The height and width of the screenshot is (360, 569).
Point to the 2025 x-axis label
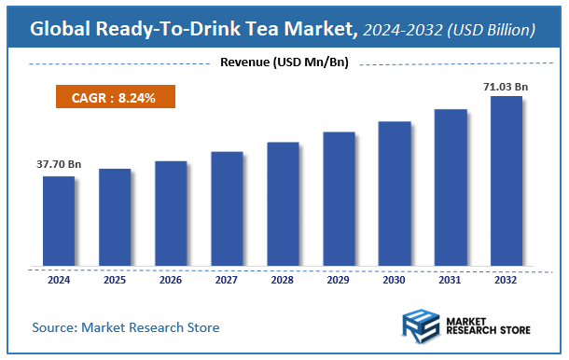[x=115, y=279]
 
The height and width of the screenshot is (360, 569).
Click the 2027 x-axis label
[x=227, y=279]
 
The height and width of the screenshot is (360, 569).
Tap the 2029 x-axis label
[x=338, y=279]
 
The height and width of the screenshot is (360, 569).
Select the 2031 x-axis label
[x=450, y=279]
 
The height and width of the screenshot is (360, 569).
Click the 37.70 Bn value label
[x=59, y=165]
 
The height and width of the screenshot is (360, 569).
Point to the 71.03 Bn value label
[x=505, y=87]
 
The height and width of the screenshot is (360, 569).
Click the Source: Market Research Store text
[x=126, y=327]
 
